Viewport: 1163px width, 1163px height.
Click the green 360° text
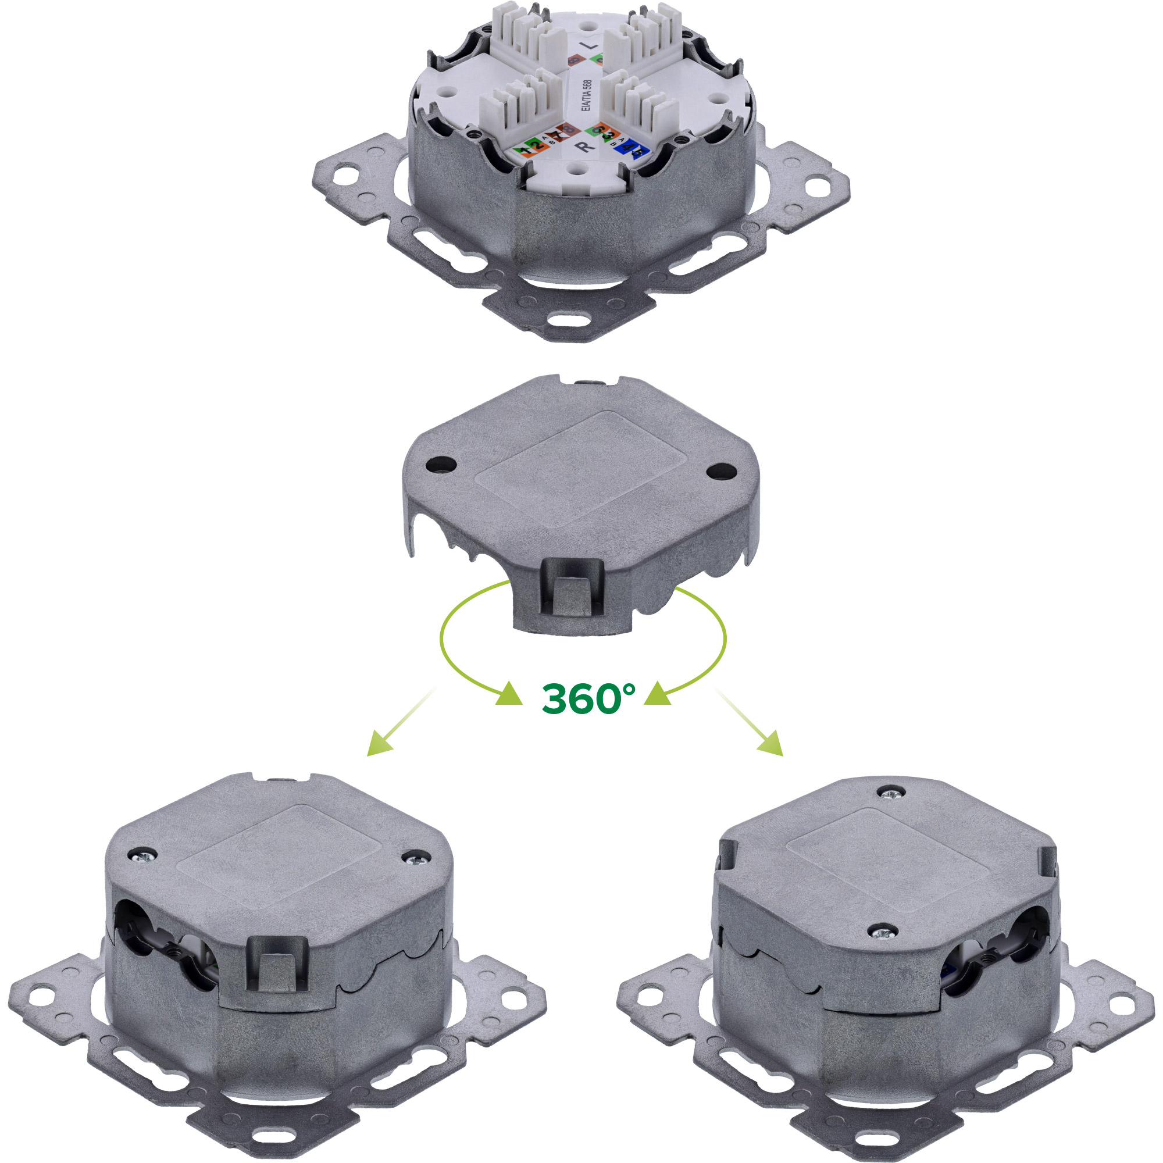[588, 698]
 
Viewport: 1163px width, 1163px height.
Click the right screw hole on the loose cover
[720, 472]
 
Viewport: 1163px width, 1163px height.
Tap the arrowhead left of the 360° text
[509, 695]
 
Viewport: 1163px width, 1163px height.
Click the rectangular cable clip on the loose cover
[571, 588]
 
